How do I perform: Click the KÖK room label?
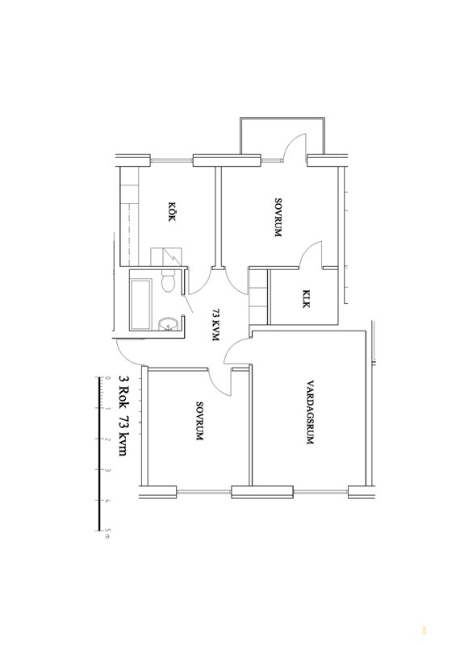(172, 212)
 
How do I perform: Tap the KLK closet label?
(306, 299)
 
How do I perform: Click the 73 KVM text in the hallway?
(215, 325)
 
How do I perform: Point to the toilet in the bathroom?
(169, 281)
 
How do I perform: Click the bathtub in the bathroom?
(140, 305)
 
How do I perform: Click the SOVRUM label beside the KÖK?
(278, 218)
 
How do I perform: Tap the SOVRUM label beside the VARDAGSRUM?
(199, 422)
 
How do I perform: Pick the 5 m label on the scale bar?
(108, 535)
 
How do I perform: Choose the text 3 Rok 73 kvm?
(123, 414)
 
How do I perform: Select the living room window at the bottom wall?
(321, 492)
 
